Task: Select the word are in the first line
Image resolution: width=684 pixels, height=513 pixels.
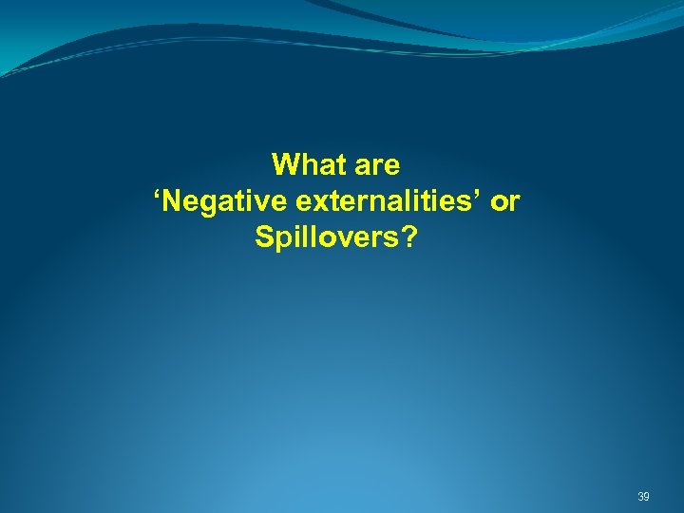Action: click(377, 165)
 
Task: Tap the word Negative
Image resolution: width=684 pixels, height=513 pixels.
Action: click(215, 201)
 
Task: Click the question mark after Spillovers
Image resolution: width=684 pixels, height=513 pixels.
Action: click(408, 237)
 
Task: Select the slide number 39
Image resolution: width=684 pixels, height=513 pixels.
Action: click(643, 497)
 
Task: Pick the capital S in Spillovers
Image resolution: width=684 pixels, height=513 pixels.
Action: click(264, 237)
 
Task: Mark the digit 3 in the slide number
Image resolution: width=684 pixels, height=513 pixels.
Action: click(640, 497)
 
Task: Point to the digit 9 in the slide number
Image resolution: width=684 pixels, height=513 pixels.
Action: click(647, 497)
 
